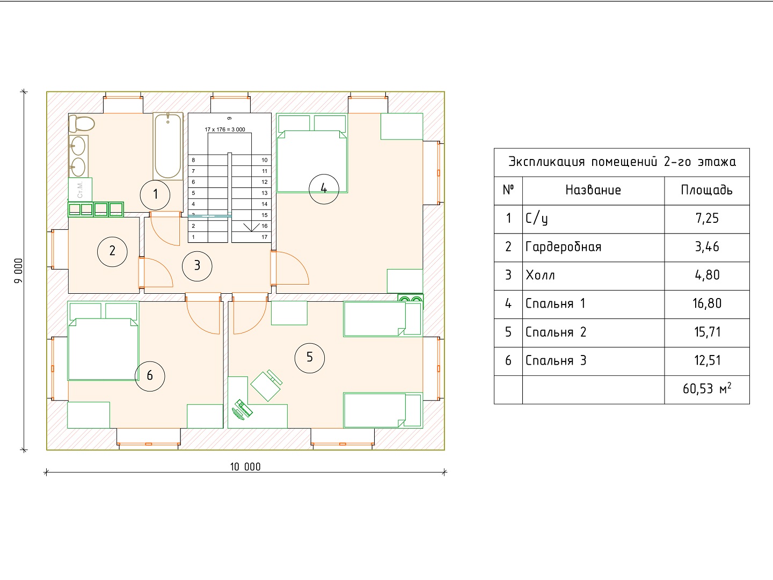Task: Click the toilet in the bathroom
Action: tap(82, 124)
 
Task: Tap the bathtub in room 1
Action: tap(168, 146)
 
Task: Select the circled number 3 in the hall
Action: tap(197, 266)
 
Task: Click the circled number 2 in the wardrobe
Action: tap(112, 251)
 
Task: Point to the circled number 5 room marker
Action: tap(310, 358)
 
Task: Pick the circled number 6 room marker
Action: tap(150, 376)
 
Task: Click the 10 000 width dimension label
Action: tap(245, 467)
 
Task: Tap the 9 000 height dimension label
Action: tap(18, 271)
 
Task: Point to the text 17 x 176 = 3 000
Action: tap(225, 129)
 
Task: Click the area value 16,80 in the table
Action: tap(707, 303)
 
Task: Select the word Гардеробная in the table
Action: tap(563, 247)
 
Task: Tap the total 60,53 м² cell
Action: tap(707, 389)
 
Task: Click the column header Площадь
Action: tap(706, 191)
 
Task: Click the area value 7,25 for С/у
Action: tap(707, 219)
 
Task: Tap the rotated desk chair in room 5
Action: tap(267, 385)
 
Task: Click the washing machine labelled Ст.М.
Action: tap(81, 190)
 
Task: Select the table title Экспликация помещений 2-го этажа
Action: tap(622, 162)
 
